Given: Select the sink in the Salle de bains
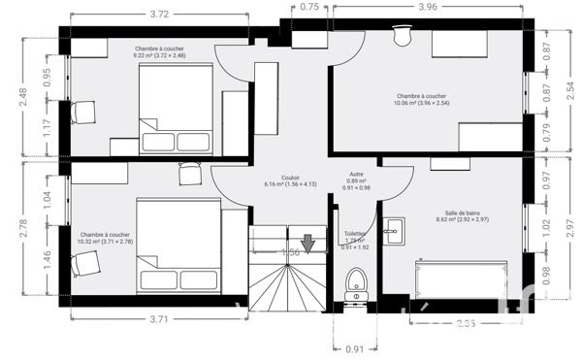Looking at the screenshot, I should (x=394, y=230).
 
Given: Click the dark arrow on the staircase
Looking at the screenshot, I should (x=308, y=243).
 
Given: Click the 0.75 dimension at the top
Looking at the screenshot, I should (x=309, y=7).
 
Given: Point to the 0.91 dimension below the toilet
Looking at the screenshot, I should (x=355, y=348).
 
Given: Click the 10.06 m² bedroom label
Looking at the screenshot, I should (x=421, y=101).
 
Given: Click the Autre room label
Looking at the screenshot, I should (x=356, y=180).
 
